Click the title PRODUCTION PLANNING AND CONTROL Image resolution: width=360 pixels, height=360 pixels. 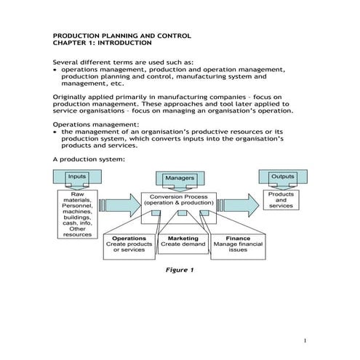tap(122, 35)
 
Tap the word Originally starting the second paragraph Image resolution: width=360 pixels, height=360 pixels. tap(73, 96)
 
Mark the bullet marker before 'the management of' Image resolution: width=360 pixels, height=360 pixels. tap(56, 132)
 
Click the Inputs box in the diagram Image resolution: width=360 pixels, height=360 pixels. tap(77, 177)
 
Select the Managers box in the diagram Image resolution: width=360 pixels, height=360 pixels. tap(180, 178)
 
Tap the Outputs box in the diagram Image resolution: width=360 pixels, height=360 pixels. tap(282, 177)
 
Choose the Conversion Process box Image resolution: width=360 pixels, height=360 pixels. tap(180, 201)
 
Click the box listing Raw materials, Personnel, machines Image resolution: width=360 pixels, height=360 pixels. tap(77, 215)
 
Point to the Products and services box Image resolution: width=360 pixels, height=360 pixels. tap(281, 200)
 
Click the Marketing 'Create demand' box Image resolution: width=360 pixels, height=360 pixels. tap(183, 241)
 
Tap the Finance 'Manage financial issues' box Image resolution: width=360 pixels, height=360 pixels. tap(238, 245)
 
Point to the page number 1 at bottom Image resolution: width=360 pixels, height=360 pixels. tap(306, 340)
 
